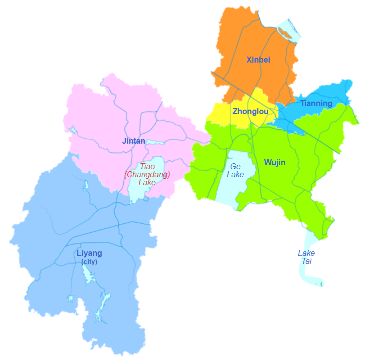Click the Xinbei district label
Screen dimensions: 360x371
click(x=258, y=60)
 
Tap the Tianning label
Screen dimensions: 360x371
click(x=316, y=104)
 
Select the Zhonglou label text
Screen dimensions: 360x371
click(x=250, y=112)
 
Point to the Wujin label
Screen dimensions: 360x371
click(x=275, y=163)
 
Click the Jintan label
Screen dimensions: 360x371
click(x=133, y=141)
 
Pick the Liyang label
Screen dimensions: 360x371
click(x=89, y=253)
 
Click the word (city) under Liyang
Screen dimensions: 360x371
click(x=89, y=262)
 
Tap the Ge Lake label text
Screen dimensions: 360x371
click(x=235, y=171)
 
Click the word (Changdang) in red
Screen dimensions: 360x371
click(x=147, y=174)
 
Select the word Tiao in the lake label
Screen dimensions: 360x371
click(x=147, y=166)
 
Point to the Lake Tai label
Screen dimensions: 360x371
click(x=306, y=257)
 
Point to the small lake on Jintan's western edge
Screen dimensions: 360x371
click(x=74, y=131)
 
